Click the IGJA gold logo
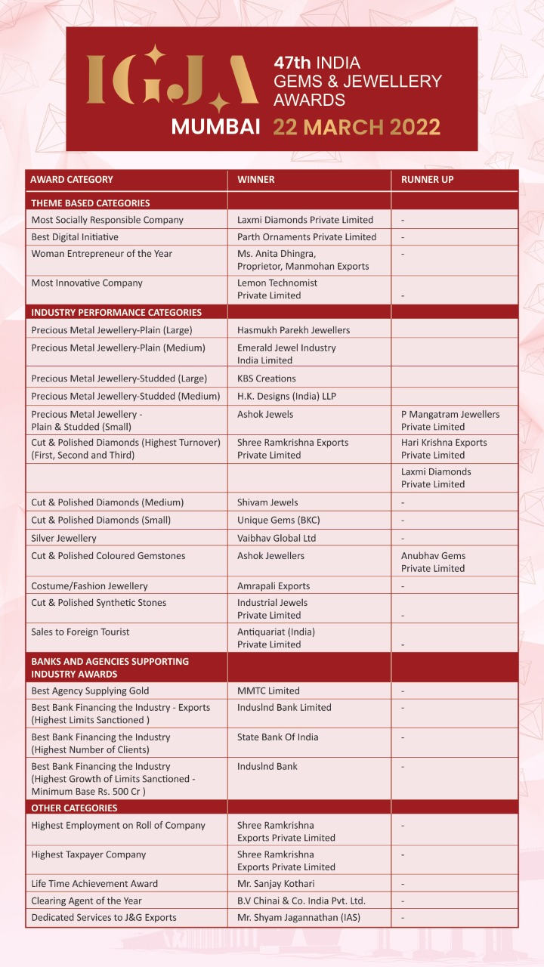[172, 79]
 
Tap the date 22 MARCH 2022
[357, 126]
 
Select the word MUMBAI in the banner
[215, 126]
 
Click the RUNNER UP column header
[427, 180]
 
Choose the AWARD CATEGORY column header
[72, 180]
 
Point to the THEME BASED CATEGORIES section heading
[90, 202]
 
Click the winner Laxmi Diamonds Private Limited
[305, 220]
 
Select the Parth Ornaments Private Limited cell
[307, 236]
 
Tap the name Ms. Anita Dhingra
[277, 253]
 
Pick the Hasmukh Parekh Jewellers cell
[293, 330]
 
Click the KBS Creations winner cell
[267, 378]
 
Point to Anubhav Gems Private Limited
[433, 561]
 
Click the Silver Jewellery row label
[63, 538]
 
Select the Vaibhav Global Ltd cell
[277, 538]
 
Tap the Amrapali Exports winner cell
[274, 585]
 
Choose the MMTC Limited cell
[268, 690]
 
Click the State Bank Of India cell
[277, 737]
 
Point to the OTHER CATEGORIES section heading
[74, 808]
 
